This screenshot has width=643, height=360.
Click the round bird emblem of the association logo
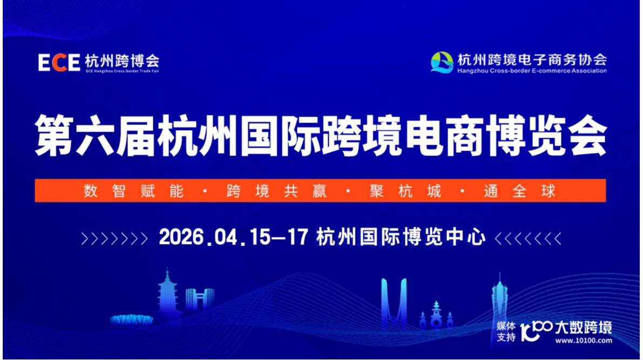[x=442, y=62]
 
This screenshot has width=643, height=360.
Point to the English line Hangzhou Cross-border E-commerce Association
[x=531, y=70]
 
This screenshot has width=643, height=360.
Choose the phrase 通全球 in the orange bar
[x=519, y=191]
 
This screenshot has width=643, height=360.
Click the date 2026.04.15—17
[x=233, y=237]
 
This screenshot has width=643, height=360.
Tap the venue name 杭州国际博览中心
[x=402, y=237]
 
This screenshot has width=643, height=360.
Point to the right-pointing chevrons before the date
[x=114, y=238]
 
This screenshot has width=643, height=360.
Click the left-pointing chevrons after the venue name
[x=528, y=238]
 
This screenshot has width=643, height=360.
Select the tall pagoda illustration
[x=167, y=294]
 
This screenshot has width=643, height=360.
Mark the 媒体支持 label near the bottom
[x=506, y=331]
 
